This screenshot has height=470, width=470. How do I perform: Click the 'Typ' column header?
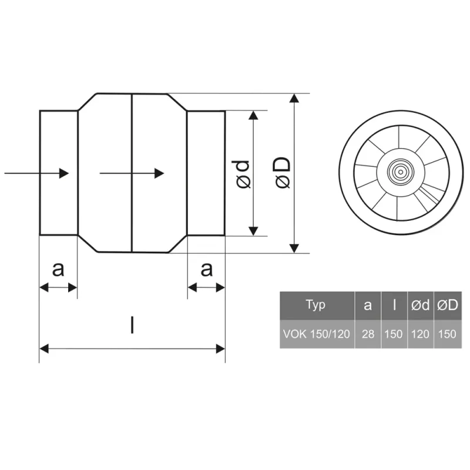[316, 304]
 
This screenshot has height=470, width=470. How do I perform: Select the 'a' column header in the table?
[368, 304]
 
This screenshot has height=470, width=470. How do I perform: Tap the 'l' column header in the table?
[394, 304]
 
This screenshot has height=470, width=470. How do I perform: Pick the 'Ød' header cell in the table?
[419, 304]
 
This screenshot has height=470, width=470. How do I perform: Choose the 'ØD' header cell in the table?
[447, 304]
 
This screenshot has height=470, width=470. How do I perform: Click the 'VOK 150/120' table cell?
[316, 334]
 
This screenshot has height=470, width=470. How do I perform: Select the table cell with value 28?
[368, 334]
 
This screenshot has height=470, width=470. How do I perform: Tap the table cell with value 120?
[419, 334]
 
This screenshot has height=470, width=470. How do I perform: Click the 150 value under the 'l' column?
[394, 334]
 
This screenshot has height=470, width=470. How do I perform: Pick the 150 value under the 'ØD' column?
[447, 334]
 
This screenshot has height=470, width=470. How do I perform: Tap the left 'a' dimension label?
[58, 269]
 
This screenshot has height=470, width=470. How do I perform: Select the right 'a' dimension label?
[206, 269]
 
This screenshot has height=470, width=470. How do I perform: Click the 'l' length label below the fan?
[132, 325]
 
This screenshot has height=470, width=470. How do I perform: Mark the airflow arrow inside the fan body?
[132, 173]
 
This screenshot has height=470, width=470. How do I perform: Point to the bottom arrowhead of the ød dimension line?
[253, 230]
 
